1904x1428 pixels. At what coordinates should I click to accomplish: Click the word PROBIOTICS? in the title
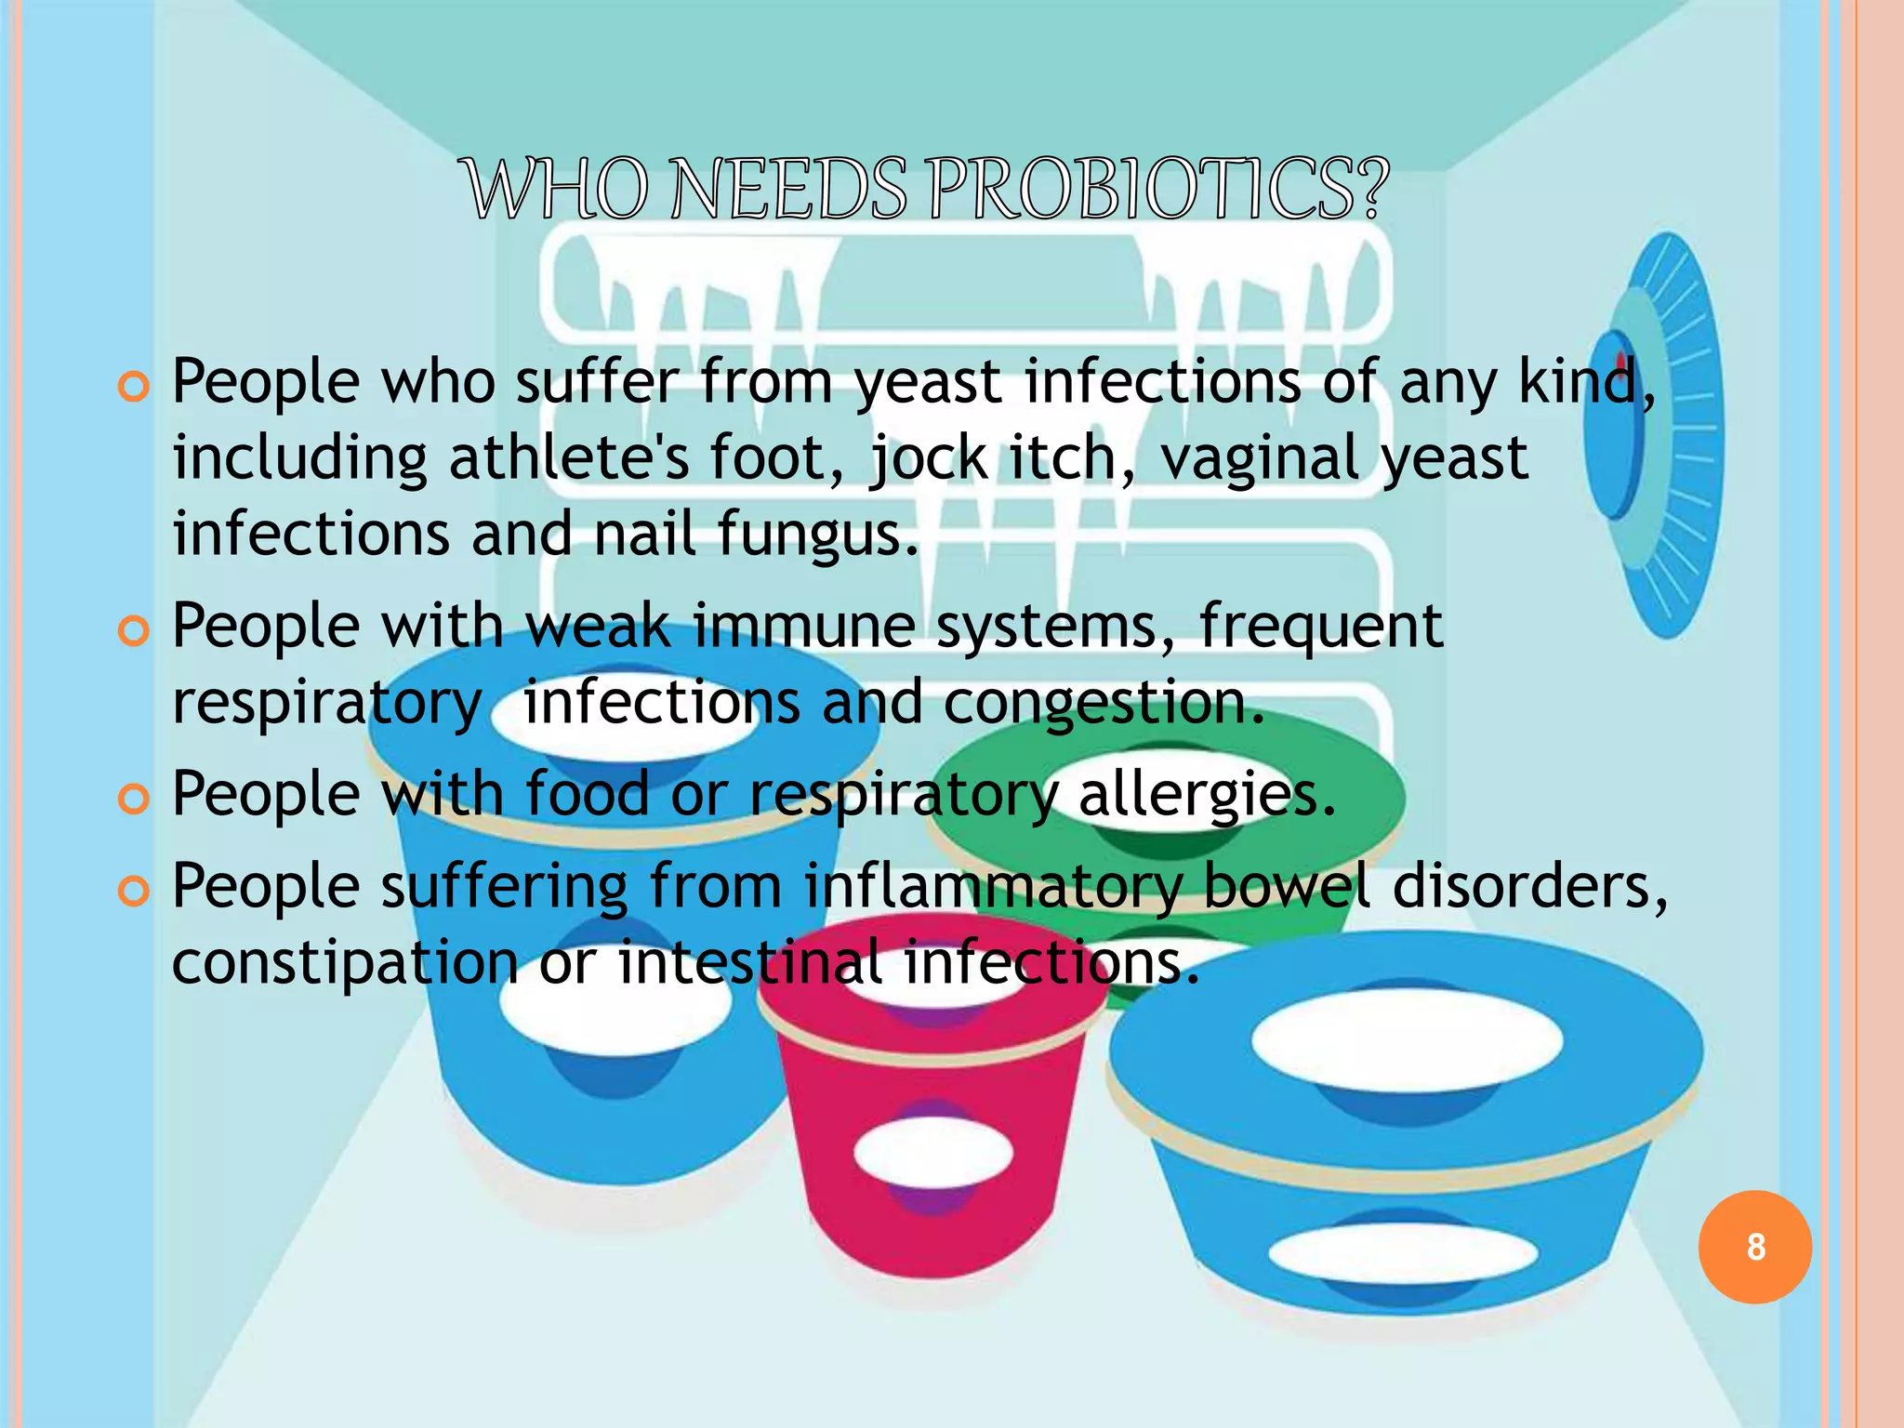coord(1158,190)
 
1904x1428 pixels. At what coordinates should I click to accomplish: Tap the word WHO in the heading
coord(557,190)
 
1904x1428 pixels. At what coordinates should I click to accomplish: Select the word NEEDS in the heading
coord(788,190)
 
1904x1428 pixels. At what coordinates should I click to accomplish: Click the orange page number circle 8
coord(1754,1247)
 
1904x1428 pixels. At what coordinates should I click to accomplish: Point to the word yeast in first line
coord(928,383)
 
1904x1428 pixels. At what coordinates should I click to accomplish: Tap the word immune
coord(803,625)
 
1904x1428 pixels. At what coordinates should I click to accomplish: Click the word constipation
coord(345,962)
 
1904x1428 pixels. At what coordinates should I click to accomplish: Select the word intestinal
coord(750,961)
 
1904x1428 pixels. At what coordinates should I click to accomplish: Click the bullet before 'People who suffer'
coord(134,387)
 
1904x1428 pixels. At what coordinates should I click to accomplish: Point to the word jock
coord(929,458)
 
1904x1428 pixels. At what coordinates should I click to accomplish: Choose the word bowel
coord(1286,885)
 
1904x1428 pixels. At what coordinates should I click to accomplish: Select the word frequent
coord(1320,625)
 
